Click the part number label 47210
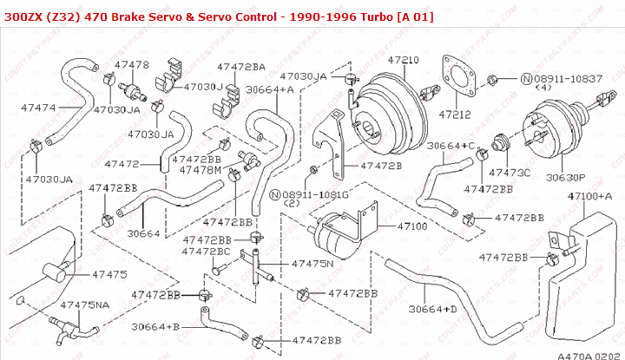tap(403, 61)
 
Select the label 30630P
tap(565, 176)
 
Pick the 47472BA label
tap(241, 66)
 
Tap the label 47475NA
tap(85, 305)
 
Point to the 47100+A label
tap(589, 197)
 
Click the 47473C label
tap(510, 172)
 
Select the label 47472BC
tap(207, 251)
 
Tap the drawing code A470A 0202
tap(588, 354)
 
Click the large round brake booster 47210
tap(396, 105)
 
